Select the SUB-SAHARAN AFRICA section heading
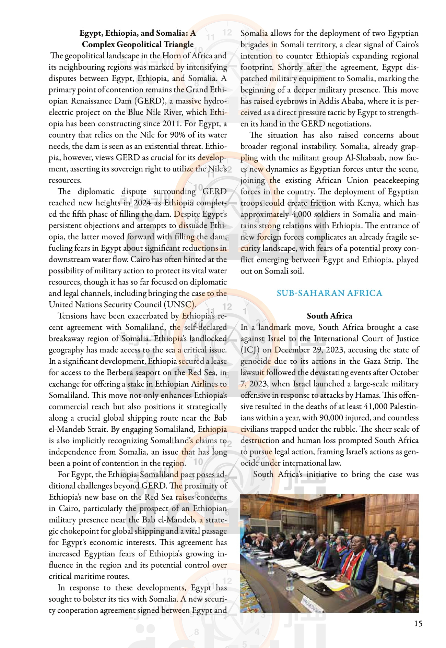pyautogui.click(x=329, y=293)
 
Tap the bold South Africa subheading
pyautogui.click(x=329, y=316)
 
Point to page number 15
pyautogui.click(x=418, y=623)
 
